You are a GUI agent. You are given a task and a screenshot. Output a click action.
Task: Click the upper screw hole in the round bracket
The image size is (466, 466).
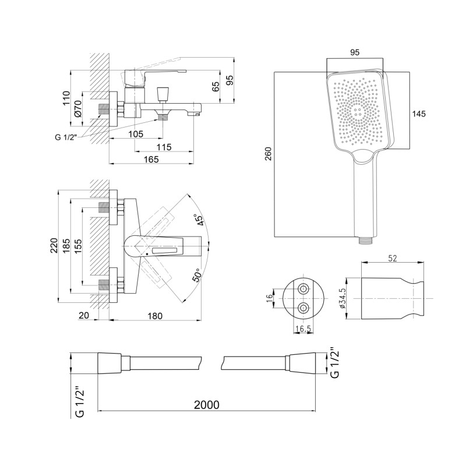303,289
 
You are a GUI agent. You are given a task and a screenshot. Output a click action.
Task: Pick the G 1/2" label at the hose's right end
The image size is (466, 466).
334,363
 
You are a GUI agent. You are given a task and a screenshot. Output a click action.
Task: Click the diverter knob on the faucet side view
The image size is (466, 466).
163,93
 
